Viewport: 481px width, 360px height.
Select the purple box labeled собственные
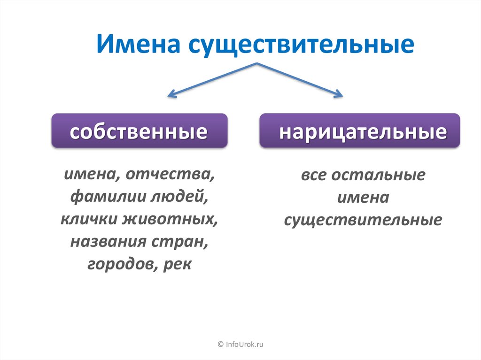coord(139,131)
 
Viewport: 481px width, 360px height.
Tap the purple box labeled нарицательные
coord(359,131)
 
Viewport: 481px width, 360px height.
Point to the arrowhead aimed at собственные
coord(171,95)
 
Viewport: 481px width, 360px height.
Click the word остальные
coord(379,176)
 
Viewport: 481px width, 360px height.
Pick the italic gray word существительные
coord(363,220)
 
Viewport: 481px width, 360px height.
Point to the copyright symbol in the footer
coord(221,345)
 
